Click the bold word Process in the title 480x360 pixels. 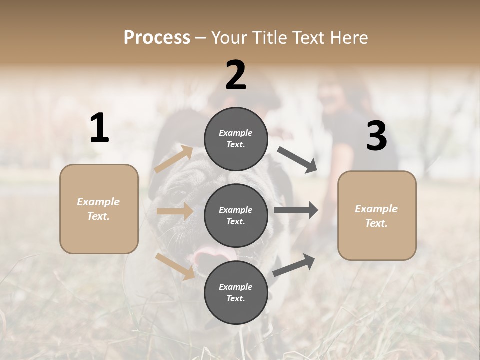157,37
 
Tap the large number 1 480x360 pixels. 99,128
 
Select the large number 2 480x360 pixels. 236,75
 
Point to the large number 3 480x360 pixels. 376,136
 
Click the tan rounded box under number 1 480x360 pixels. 99,209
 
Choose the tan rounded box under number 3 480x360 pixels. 377,216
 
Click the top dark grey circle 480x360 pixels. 236,139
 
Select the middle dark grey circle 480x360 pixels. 236,215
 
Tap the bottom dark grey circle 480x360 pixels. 236,292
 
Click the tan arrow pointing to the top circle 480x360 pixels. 174,159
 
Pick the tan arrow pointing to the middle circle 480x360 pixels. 175,211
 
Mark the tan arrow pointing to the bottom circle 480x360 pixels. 175,266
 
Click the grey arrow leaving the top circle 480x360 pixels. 297,160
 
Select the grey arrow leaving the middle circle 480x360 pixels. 295,210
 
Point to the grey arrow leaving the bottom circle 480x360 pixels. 294,265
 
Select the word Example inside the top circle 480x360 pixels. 235,133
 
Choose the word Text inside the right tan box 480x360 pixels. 375,223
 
